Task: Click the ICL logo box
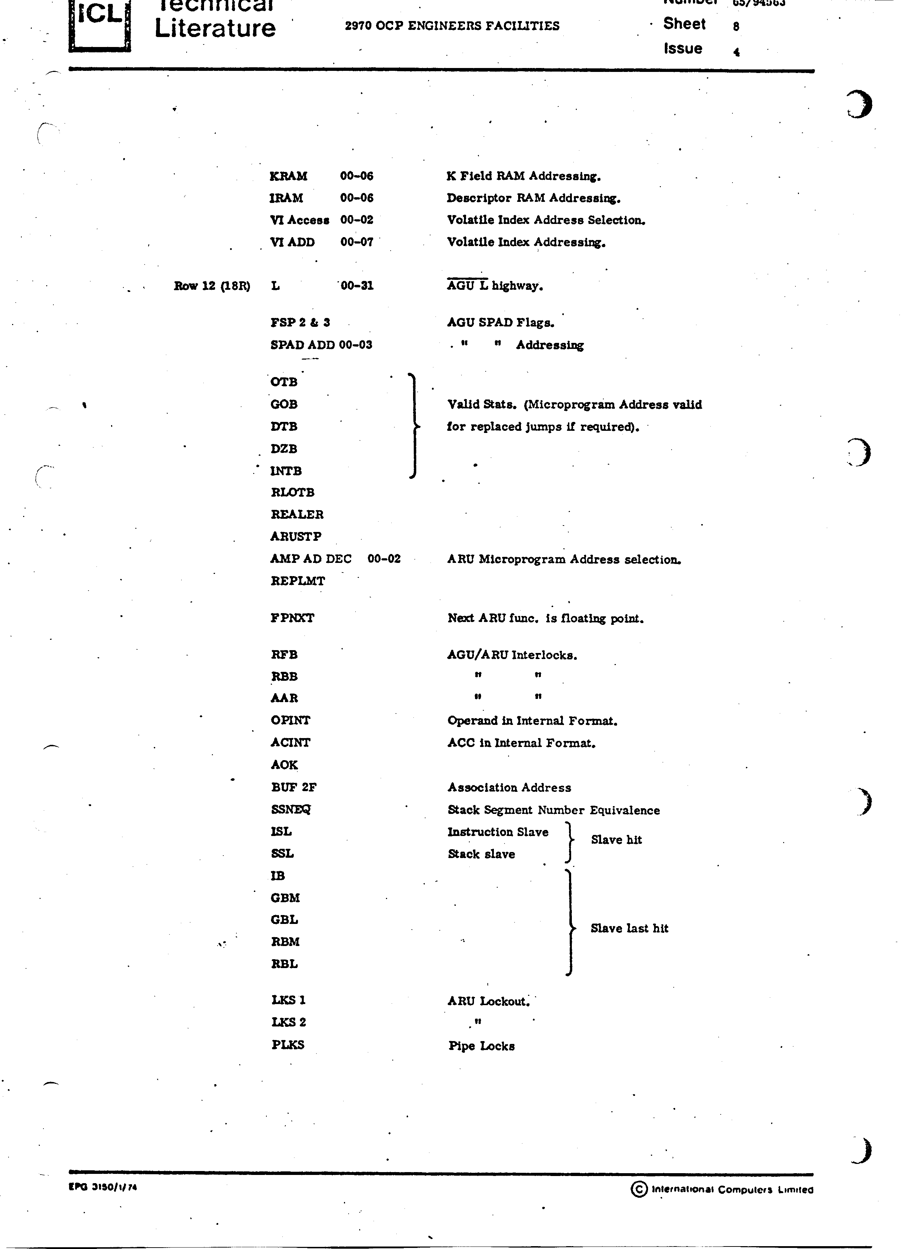(100, 25)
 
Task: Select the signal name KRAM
(288, 176)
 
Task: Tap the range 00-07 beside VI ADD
(356, 242)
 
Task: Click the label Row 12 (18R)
(212, 286)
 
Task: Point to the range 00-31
(357, 285)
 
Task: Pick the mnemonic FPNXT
(292, 618)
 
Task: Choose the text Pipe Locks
(481, 1046)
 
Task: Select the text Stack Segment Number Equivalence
(553, 810)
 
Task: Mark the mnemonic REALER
(297, 514)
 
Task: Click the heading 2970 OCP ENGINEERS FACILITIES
(452, 26)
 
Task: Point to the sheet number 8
(736, 26)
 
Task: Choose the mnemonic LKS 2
(288, 1022)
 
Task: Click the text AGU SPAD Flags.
(500, 323)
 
